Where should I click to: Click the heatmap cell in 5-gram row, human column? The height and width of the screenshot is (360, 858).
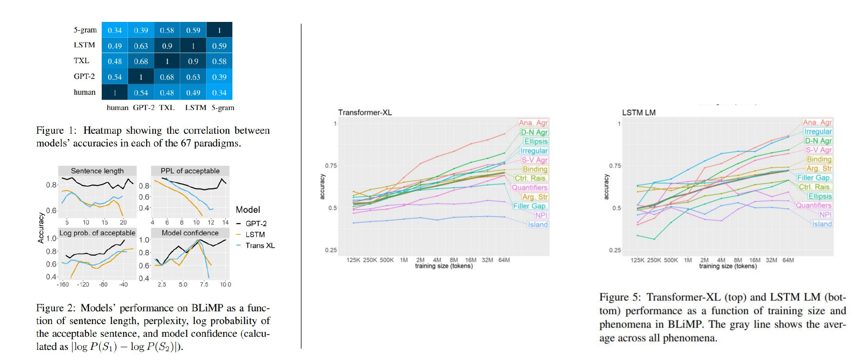tap(115, 30)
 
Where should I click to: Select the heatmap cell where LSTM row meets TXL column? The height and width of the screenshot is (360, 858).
tap(167, 46)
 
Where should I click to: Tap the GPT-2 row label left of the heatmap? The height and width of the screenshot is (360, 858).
tap(84, 76)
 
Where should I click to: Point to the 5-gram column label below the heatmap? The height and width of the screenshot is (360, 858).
tap(223, 107)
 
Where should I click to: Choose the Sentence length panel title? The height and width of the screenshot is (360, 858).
tap(97, 171)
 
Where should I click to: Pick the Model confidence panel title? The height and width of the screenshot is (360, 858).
tap(190, 233)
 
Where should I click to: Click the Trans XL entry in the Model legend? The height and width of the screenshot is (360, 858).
tap(260, 246)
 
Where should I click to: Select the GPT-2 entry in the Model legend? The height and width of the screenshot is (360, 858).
tap(256, 224)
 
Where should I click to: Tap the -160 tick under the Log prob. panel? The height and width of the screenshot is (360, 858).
tap(63, 285)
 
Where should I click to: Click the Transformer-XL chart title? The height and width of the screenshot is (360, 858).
tap(365, 112)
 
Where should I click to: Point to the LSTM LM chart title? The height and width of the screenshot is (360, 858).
tap(639, 112)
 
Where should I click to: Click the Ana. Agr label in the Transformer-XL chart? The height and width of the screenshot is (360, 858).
tap(533, 123)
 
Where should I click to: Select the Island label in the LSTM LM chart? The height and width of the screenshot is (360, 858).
tap(821, 224)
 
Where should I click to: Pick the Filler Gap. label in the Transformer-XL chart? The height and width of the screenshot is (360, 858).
tap(530, 206)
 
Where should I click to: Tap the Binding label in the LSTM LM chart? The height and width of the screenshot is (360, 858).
tap(819, 159)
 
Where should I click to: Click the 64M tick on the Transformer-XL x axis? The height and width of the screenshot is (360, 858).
tap(504, 260)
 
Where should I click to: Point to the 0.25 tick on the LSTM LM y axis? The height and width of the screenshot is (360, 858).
tap(615, 250)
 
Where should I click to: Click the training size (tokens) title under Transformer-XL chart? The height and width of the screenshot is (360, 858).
tap(444, 266)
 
